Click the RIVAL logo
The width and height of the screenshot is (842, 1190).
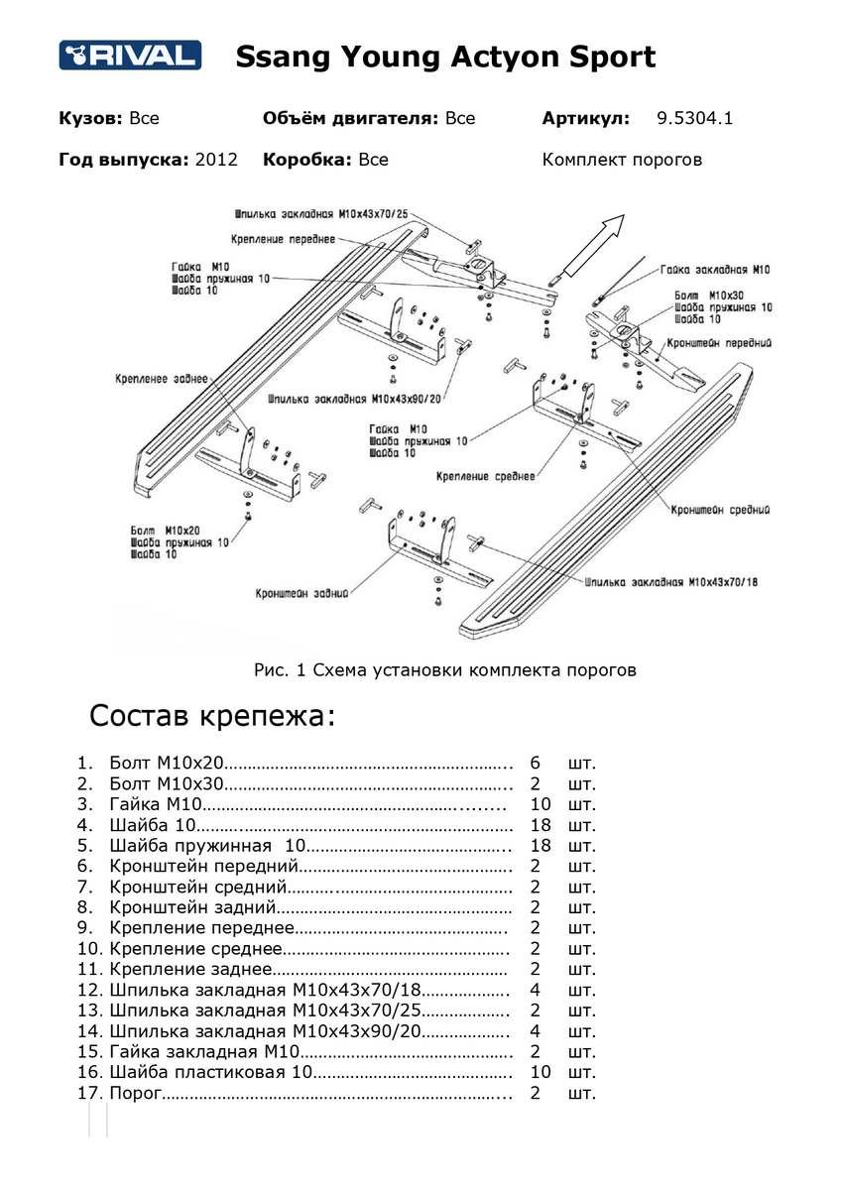(x=130, y=56)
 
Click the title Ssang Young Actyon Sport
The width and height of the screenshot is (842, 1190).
(x=445, y=57)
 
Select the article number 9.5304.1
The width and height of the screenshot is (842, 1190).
(x=694, y=119)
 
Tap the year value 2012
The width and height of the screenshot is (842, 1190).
(x=217, y=160)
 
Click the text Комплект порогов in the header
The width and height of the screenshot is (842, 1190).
(x=622, y=160)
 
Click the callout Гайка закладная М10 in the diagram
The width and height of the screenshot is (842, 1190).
(x=715, y=270)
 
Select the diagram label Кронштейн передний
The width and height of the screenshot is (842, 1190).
(x=719, y=342)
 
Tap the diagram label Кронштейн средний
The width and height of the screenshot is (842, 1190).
(x=720, y=510)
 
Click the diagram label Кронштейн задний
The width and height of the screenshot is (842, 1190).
(x=301, y=594)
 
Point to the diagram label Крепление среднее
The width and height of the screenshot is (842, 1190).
(x=485, y=477)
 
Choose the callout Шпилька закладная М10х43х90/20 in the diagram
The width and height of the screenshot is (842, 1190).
(x=354, y=398)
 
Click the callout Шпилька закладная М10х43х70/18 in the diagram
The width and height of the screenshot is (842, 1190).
(x=671, y=581)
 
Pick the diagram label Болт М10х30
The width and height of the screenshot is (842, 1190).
(x=708, y=296)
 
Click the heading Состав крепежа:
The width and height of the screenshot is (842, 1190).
(x=212, y=716)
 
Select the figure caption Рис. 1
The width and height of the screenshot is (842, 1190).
(x=444, y=670)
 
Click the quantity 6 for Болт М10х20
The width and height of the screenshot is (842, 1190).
(x=536, y=764)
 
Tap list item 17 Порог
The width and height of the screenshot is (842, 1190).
(x=135, y=1093)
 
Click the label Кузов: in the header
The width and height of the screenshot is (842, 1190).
(x=90, y=119)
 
